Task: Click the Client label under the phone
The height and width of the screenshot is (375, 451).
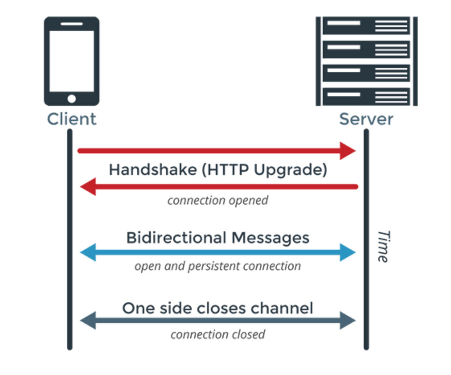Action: pyautogui.click(x=72, y=119)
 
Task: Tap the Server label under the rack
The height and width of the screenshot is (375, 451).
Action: pyautogui.click(x=366, y=119)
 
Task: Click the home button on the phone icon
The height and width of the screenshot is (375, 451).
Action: pyautogui.click(x=72, y=99)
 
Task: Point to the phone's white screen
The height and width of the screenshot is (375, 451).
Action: pyautogui.click(x=72, y=60)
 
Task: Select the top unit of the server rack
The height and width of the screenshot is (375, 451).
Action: pyautogui.click(x=366, y=26)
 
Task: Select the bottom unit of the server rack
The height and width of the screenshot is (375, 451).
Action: pyautogui.click(x=366, y=97)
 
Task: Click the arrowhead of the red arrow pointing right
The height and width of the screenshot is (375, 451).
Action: pyautogui.click(x=347, y=151)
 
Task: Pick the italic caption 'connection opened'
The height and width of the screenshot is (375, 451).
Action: pyautogui.click(x=217, y=200)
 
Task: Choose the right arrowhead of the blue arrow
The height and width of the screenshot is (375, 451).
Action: pyautogui.click(x=347, y=253)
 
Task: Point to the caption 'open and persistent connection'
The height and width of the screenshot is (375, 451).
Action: pyautogui.click(x=217, y=266)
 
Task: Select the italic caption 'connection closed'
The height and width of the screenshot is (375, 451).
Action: pyautogui.click(x=217, y=334)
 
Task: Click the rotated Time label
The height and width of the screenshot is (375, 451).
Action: pyautogui.click(x=383, y=246)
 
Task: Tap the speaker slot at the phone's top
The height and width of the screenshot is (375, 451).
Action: pyautogui.click(x=72, y=24)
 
